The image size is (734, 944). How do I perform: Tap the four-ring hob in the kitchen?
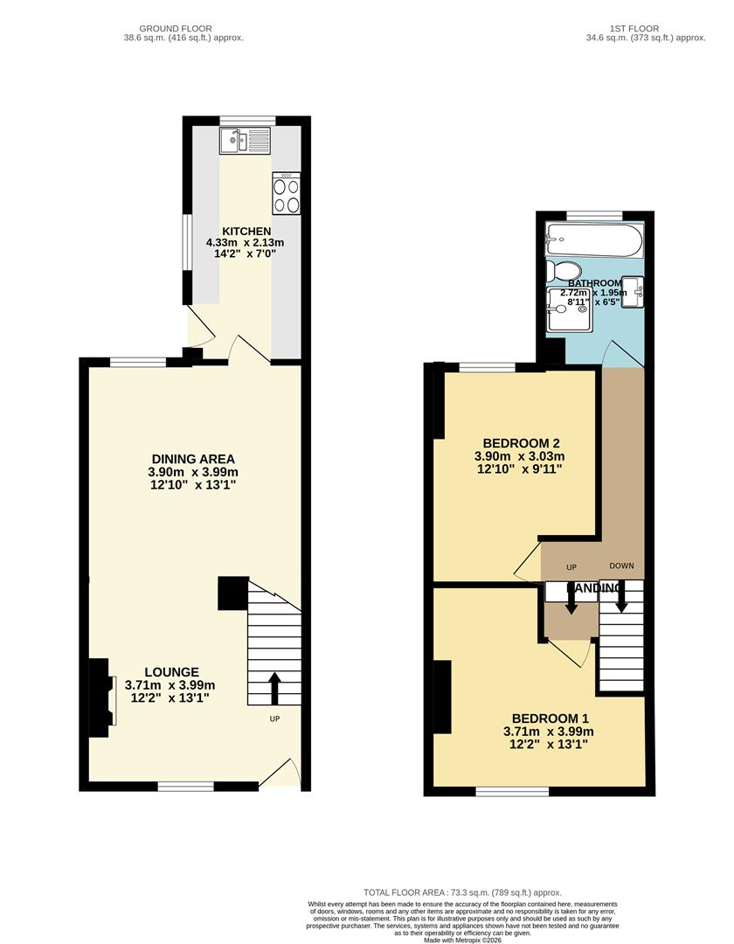click(287, 193)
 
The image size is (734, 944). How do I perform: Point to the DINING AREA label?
click(193, 459)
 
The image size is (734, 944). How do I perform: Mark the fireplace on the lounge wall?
click(101, 692)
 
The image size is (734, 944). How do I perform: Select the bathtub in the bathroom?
click(593, 239)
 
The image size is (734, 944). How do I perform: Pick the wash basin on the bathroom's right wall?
click(635, 289)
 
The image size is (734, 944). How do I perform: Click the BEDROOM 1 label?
click(548, 718)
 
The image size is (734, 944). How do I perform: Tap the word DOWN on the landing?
click(621, 566)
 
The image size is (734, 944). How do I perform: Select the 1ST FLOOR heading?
click(645, 29)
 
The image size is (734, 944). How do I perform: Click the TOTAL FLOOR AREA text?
click(405, 892)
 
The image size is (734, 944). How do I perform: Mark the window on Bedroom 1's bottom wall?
click(512, 791)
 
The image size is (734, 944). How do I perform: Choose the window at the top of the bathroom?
click(594, 214)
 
